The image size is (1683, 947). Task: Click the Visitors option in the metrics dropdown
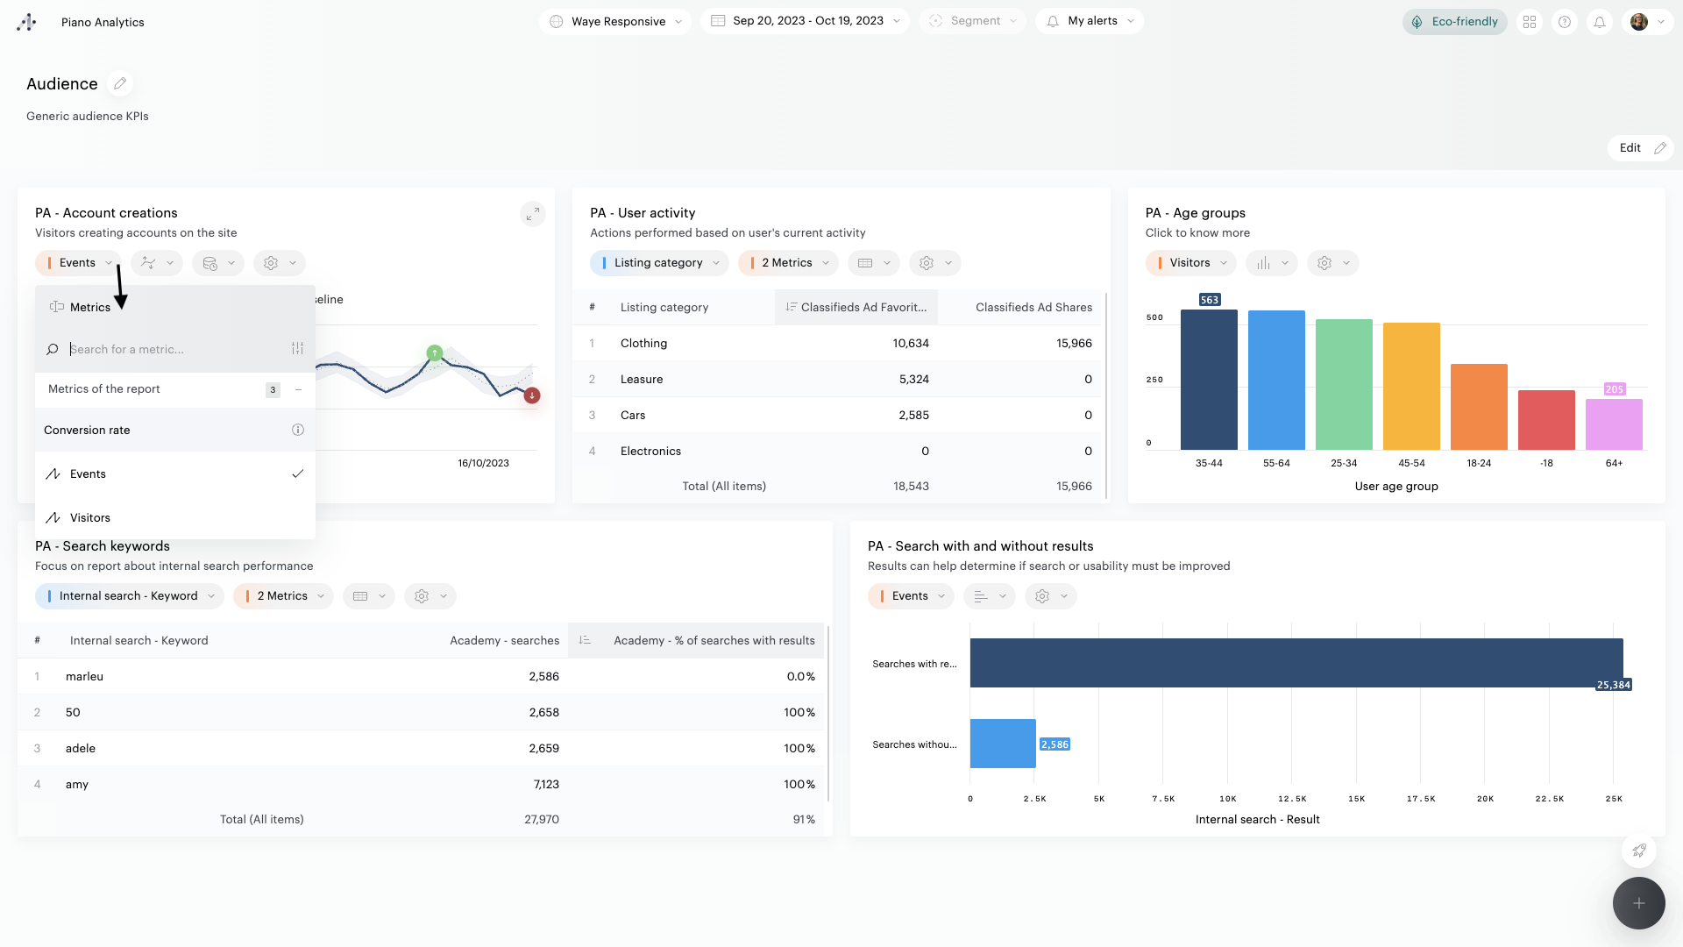90,518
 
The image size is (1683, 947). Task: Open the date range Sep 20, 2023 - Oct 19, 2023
807,21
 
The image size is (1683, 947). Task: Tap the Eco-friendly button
1454,22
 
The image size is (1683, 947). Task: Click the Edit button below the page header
1640,148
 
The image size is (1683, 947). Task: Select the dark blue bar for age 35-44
1209,380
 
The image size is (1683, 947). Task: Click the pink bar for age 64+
1614,424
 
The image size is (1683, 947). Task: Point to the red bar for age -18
1546,420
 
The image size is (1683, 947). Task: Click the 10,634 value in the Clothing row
911,344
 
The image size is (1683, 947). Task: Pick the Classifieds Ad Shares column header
1033,308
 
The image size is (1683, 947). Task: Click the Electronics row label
650,452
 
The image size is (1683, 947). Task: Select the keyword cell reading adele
81,749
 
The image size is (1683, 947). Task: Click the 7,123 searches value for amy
546,785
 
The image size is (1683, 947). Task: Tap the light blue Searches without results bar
1003,744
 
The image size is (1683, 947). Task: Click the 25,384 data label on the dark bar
1614,686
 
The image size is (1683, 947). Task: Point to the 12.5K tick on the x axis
1292,799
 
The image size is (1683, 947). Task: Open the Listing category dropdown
659,263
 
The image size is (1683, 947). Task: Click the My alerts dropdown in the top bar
1090,21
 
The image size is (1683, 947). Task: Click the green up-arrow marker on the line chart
435,353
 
